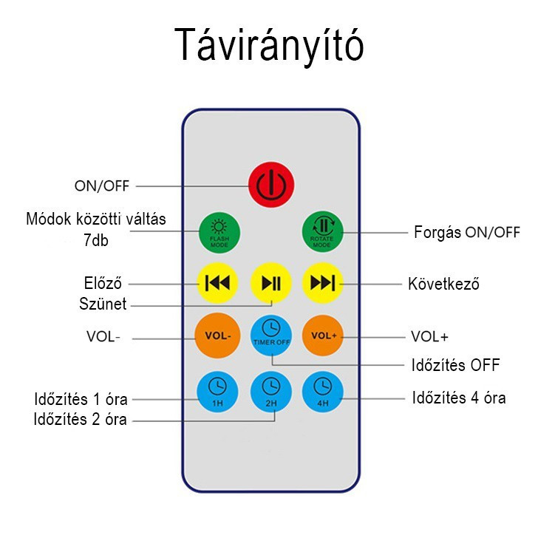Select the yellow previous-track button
[x=218, y=283]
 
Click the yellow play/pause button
[x=271, y=283]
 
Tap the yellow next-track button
[x=323, y=283]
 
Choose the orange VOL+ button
[x=323, y=335]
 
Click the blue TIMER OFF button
[x=271, y=335]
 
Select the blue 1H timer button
[x=218, y=389]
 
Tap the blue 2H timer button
[x=271, y=389]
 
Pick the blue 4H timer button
[x=323, y=389]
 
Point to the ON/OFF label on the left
[x=101, y=185]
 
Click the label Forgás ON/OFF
[x=466, y=232]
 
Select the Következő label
[x=443, y=284]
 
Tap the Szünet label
[x=103, y=304]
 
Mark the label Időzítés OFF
[x=455, y=365]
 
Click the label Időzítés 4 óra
[x=458, y=398]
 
